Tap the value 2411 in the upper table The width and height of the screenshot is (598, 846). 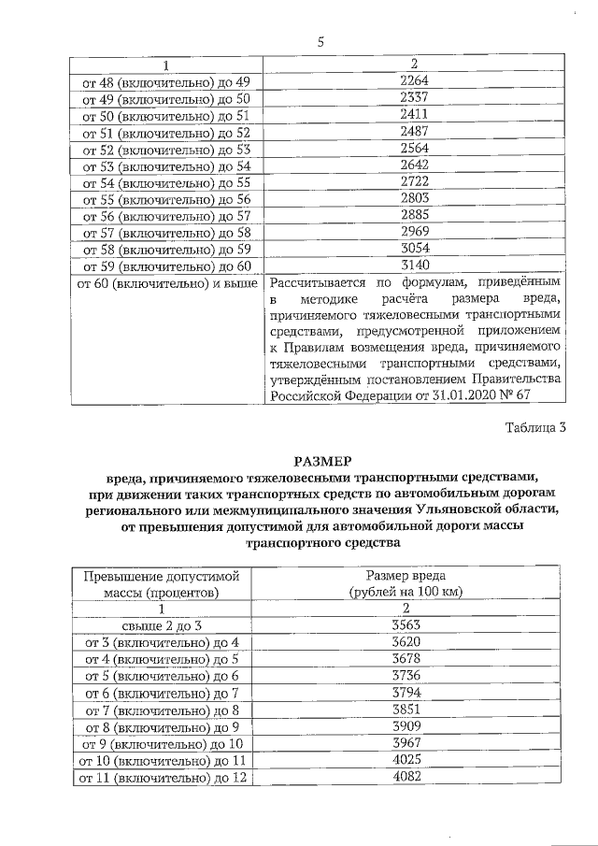[x=413, y=114]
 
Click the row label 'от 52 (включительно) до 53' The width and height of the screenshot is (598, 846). [x=167, y=149]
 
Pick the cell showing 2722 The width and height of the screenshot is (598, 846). [x=413, y=182]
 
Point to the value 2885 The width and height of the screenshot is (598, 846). [x=413, y=216]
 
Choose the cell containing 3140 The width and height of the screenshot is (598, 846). [x=413, y=266]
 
